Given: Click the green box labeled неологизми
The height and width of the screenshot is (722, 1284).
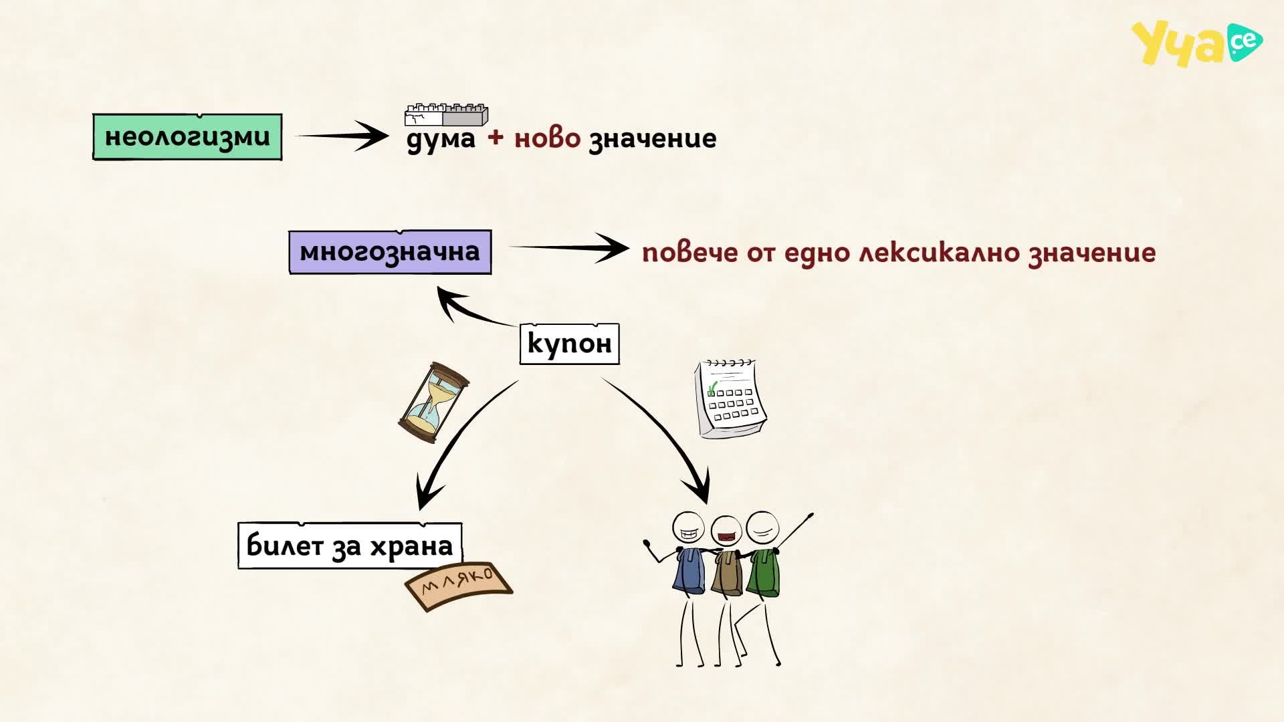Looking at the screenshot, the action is (x=187, y=137).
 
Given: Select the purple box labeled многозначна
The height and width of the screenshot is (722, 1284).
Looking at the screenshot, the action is (x=390, y=252).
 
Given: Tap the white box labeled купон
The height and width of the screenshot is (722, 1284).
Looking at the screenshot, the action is (x=569, y=344).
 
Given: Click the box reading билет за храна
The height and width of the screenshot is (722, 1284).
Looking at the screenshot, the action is (x=350, y=546).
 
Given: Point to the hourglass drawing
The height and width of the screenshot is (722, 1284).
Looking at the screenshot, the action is (x=433, y=402).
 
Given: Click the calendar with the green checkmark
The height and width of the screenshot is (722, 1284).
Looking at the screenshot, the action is (x=730, y=399).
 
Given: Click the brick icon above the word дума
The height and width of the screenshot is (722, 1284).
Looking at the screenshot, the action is (x=446, y=115).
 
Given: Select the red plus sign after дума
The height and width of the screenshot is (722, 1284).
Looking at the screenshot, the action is (x=496, y=137).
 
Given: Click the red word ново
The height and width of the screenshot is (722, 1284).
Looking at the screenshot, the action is (x=547, y=138).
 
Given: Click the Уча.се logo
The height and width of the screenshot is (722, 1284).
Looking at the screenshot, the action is (x=1196, y=43).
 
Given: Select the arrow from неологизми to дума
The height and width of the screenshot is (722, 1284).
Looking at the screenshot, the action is (x=342, y=136).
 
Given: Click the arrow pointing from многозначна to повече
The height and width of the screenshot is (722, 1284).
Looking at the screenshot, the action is (x=568, y=248).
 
